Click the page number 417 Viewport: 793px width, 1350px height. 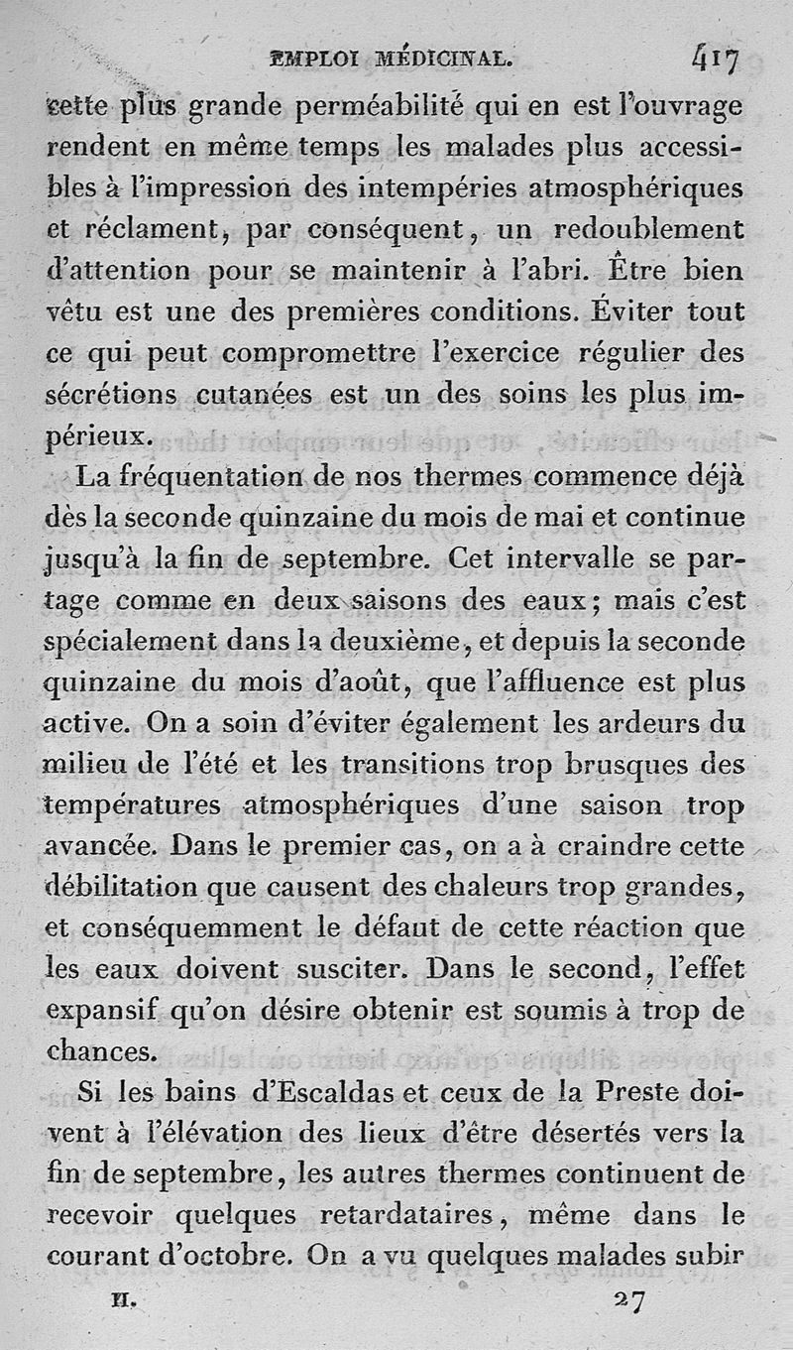pyautogui.click(x=714, y=61)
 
